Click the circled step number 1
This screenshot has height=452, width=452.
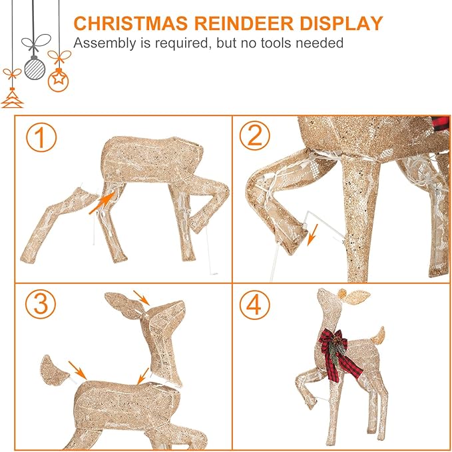[42, 138]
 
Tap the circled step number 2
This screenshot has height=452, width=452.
[254, 136]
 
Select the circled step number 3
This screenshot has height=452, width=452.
[39, 305]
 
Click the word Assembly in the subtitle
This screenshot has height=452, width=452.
[103, 43]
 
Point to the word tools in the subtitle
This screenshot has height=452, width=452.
[280, 43]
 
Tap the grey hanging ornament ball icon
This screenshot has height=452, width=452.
[33, 66]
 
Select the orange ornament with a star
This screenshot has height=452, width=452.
[59, 81]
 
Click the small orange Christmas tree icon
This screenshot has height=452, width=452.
[11, 99]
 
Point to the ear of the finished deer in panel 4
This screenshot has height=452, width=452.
[353, 294]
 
